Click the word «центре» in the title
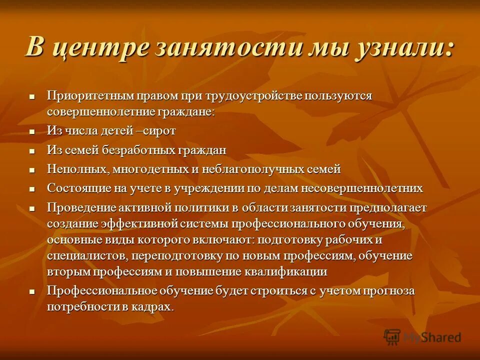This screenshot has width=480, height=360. (100, 48)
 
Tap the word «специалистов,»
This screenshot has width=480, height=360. (86, 256)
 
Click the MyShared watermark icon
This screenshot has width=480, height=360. (392, 337)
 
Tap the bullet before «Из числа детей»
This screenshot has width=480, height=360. (32, 131)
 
